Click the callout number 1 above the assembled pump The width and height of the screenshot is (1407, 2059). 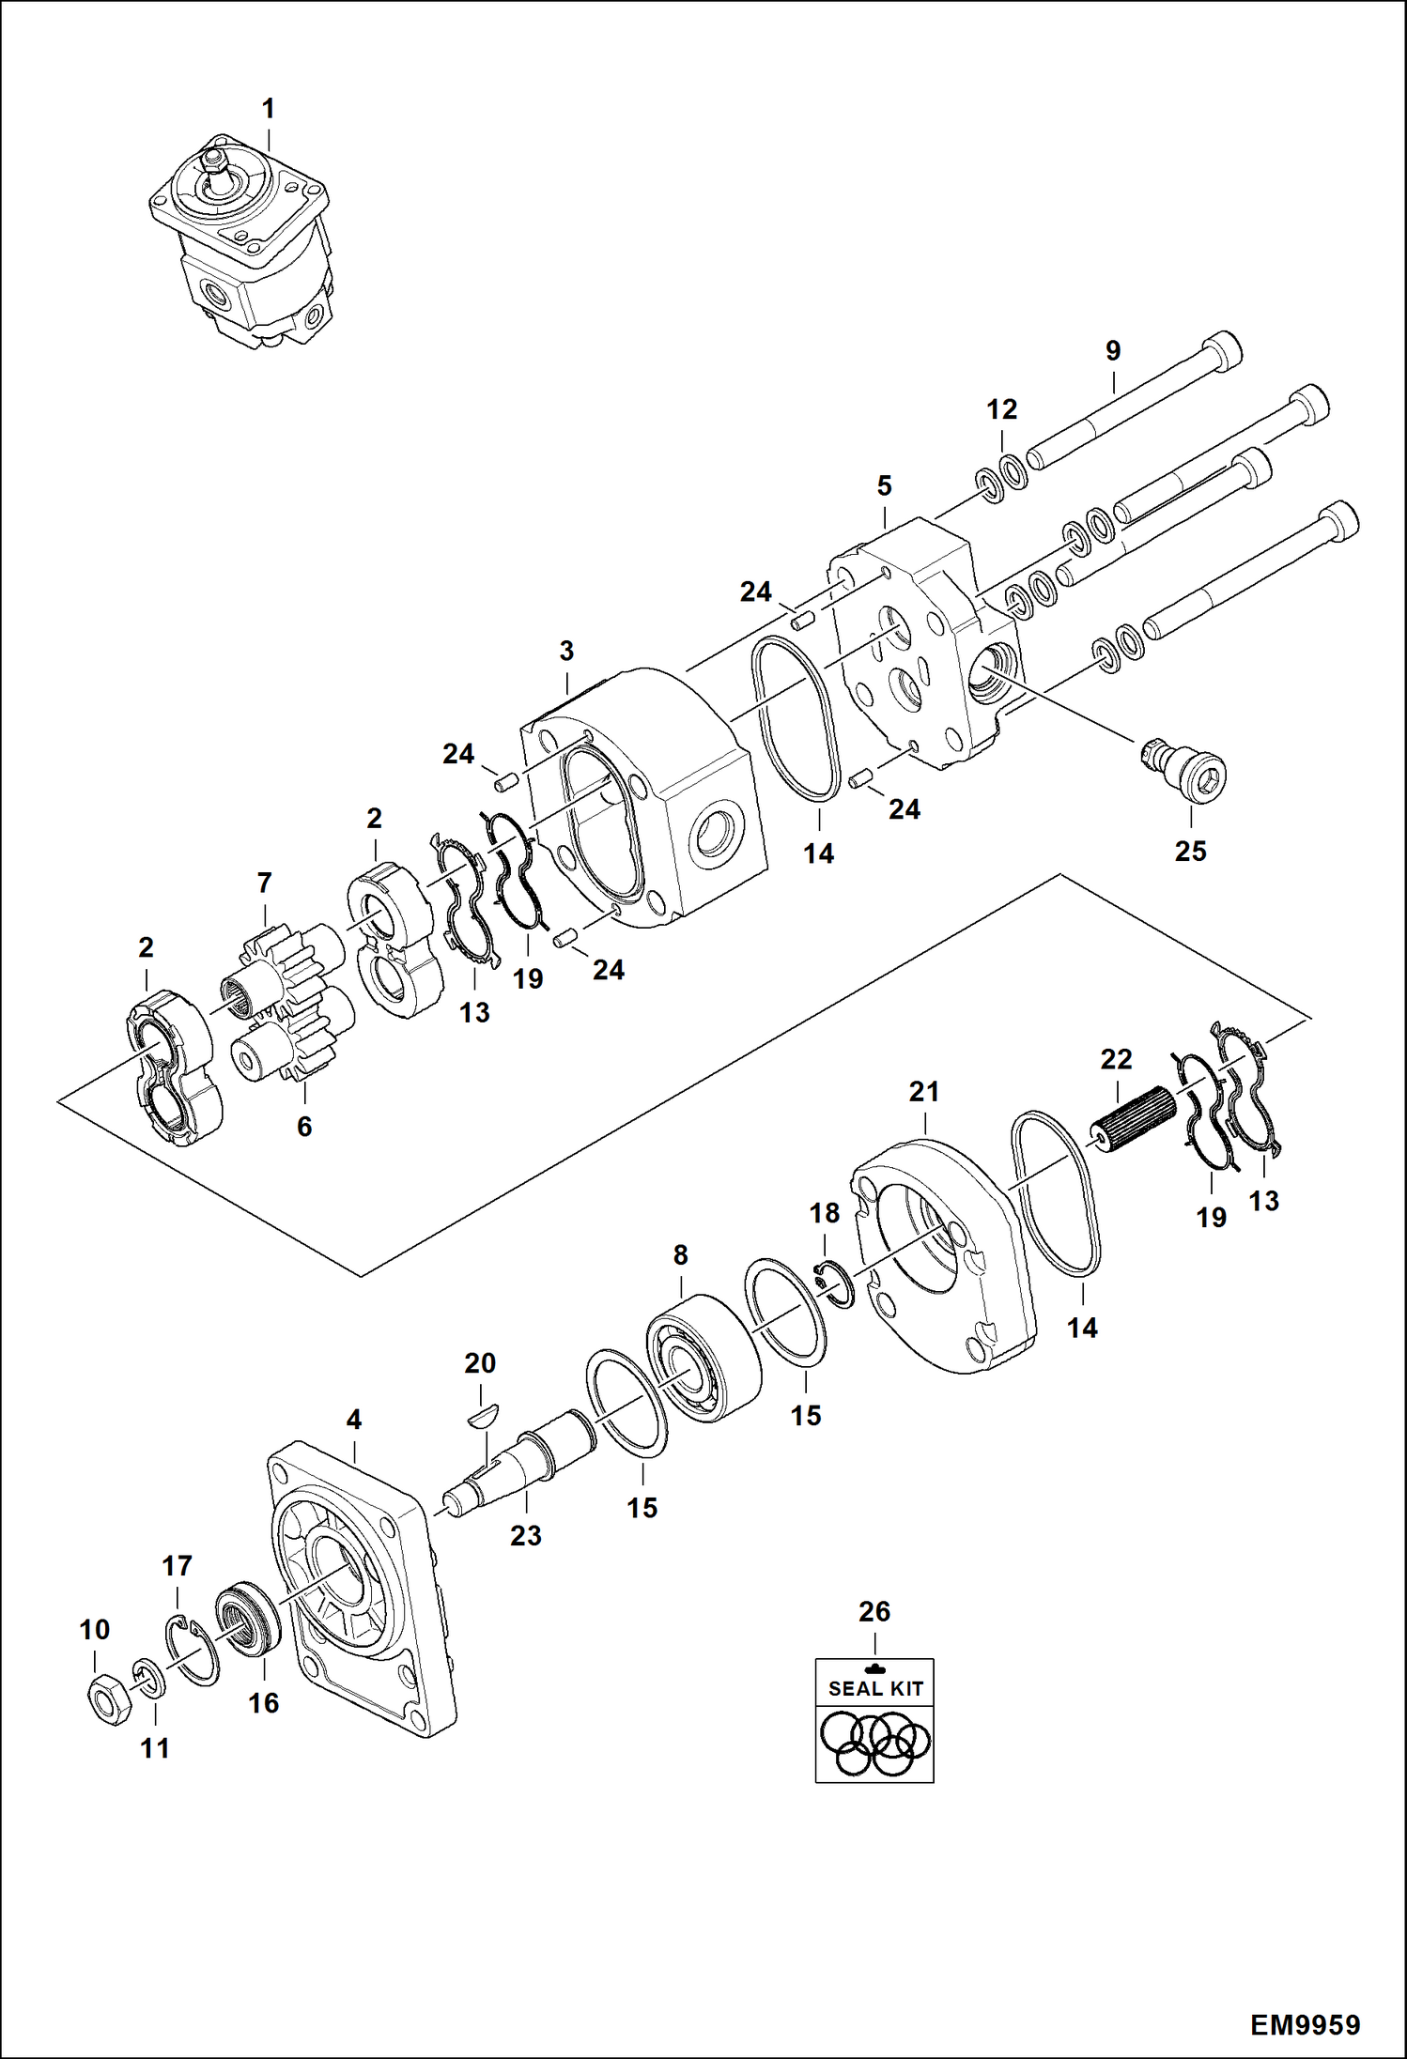(268, 109)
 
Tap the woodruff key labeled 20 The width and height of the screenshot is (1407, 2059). (485, 1415)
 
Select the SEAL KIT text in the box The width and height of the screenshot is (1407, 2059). (874, 1688)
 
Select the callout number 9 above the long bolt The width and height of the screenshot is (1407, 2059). (1112, 351)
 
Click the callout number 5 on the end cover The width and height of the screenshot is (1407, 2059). (884, 486)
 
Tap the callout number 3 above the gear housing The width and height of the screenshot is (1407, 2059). (566, 651)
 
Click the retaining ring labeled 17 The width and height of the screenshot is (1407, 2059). (195, 1650)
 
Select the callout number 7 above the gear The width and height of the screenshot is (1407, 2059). (264, 883)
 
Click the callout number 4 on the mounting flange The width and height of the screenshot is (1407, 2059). (353, 1420)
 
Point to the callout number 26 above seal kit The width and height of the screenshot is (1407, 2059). (874, 1611)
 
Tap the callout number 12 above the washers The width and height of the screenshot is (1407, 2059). (1001, 409)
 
